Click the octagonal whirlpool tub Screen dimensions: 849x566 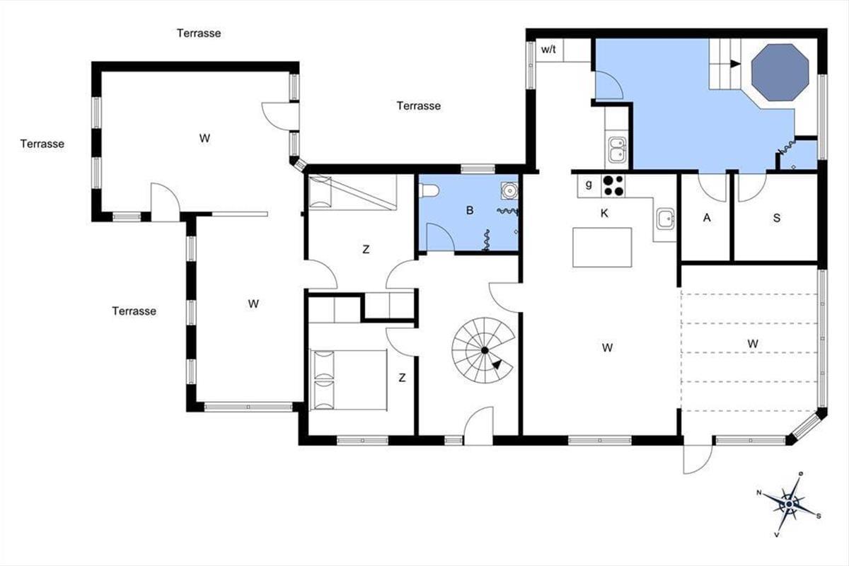pos(780,72)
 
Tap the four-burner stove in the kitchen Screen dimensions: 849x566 pos(613,186)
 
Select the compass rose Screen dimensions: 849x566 pos(789,504)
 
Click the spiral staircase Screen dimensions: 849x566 pos(483,350)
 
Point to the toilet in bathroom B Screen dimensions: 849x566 pos(428,190)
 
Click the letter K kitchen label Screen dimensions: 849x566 pos(604,214)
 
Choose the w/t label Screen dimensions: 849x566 pos(548,50)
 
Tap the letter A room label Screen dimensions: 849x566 pos(707,218)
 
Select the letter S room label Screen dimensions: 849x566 pos(777,218)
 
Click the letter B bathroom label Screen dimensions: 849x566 pos(470,210)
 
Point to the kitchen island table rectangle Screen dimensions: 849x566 pos(602,247)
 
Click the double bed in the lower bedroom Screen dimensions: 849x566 pos(348,380)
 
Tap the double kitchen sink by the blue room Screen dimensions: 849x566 pos(617,150)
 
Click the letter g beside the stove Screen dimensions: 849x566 pos(589,185)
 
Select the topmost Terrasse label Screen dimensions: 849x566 pos(199,33)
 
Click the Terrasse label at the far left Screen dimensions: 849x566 pos(42,144)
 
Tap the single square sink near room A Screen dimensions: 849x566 pos(666,219)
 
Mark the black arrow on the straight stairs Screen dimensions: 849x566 pos(735,64)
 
